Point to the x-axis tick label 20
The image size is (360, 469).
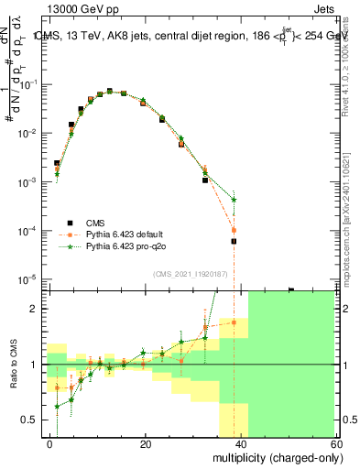pos(146,443)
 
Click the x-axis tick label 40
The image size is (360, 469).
pos(241,443)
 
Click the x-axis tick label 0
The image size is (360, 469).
pos(50,443)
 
